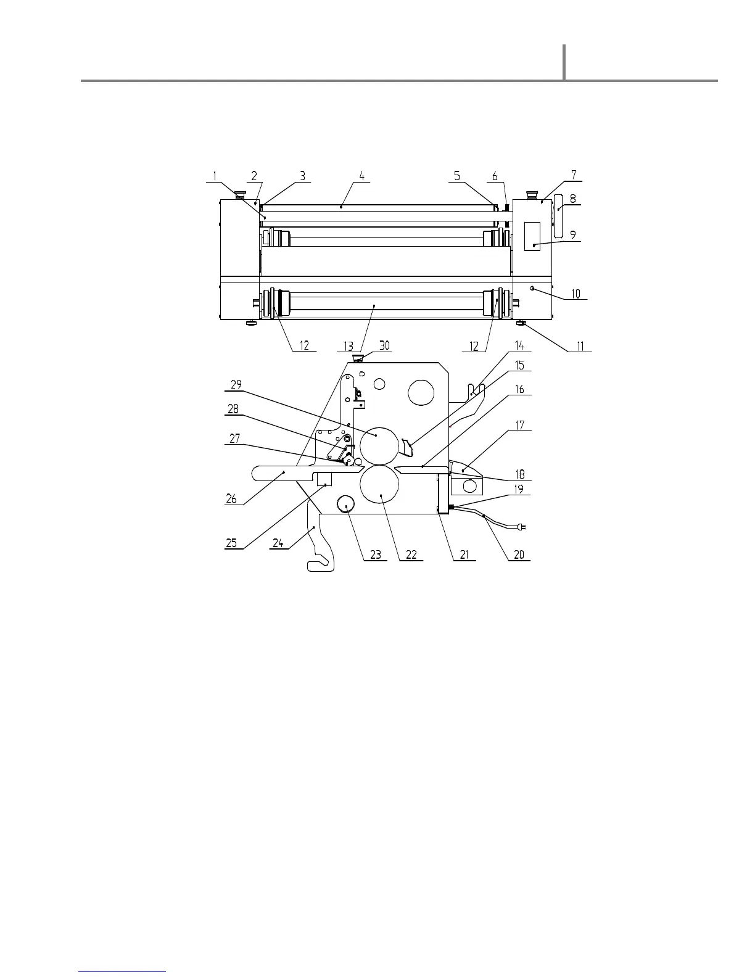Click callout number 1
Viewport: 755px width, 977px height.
pos(215,176)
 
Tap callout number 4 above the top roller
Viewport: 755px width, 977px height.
pos(362,176)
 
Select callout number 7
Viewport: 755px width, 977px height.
pos(574,175)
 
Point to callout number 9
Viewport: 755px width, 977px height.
pos(573,235)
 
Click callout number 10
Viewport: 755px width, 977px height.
pos(576,294)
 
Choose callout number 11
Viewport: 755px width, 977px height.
pos(580,347)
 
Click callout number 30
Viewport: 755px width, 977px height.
pos(384,346)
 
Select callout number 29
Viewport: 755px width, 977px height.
pos(236,384)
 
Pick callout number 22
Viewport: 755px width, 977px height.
pos(411,554)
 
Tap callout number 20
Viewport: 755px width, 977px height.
pos(519,554)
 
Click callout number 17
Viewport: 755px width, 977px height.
pos(519,425)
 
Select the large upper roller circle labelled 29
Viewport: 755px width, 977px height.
pos(378,446)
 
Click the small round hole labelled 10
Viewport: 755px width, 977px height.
pos(532,288)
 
